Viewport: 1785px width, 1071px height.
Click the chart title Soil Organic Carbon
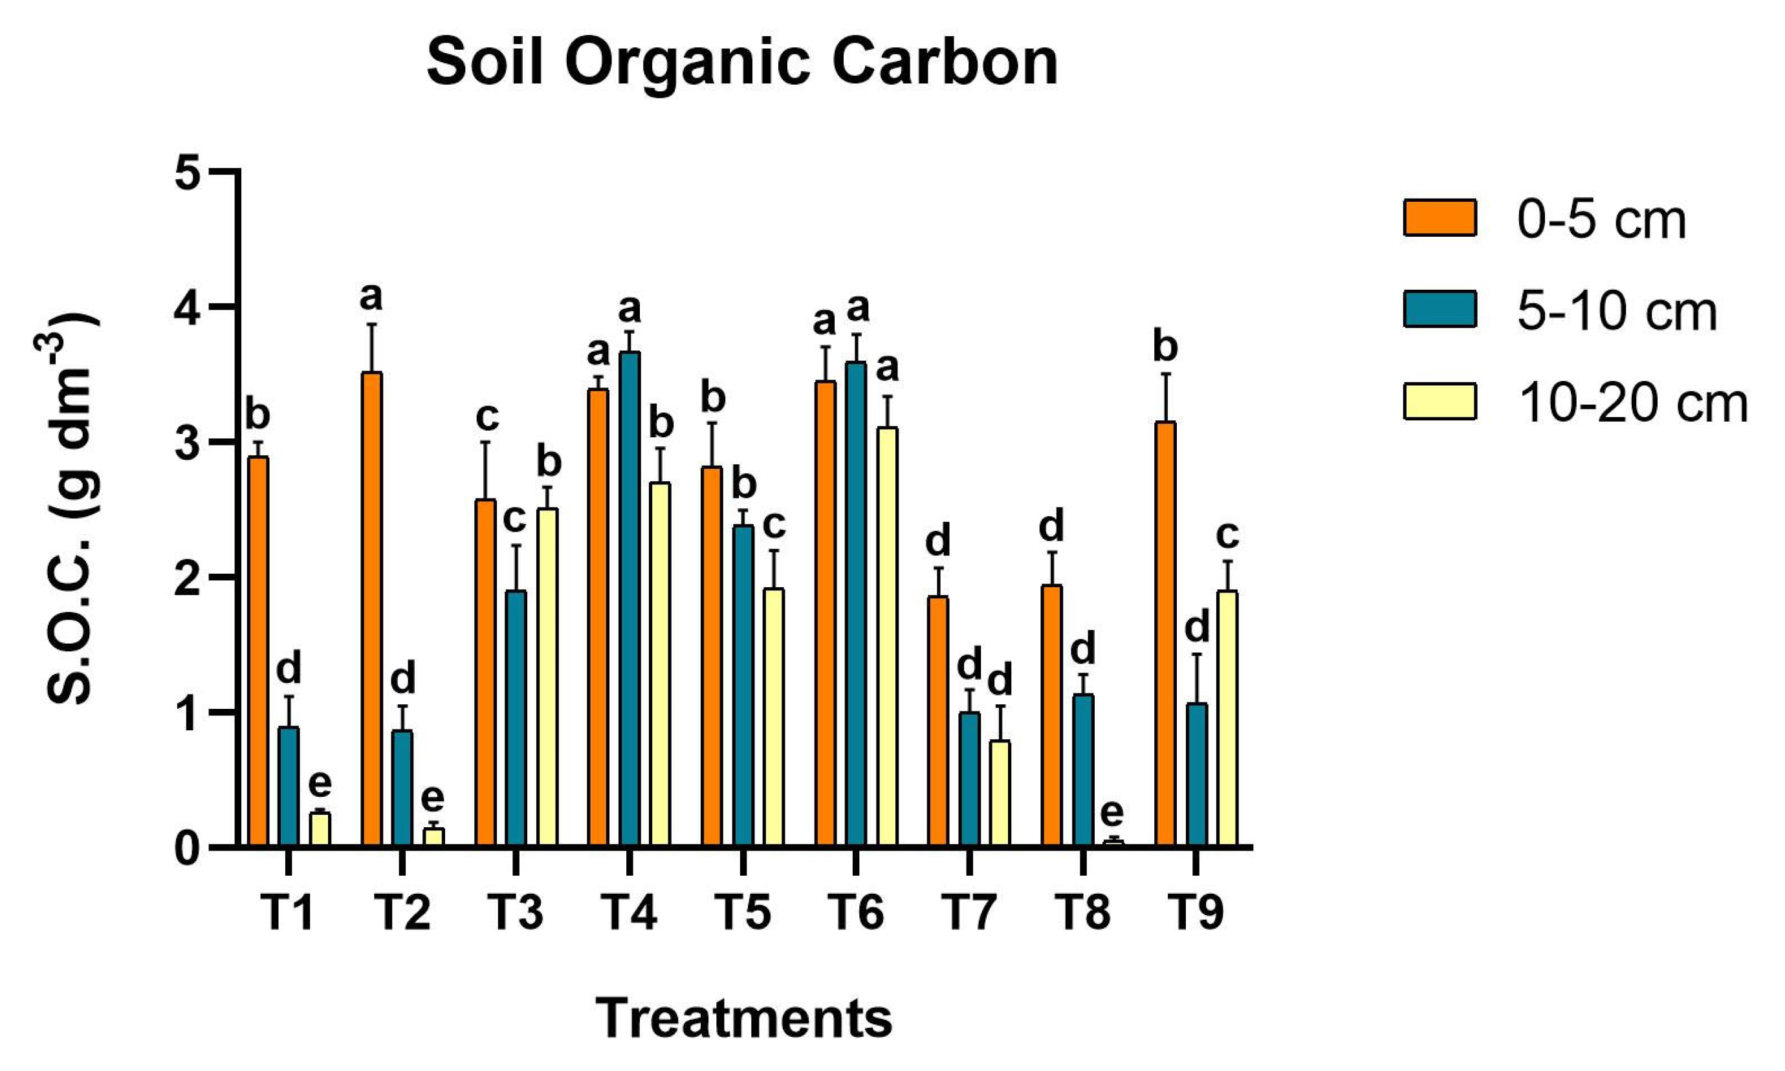click(742, 63)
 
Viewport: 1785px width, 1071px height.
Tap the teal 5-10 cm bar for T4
click(630, 598)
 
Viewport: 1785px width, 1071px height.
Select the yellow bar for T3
click(547, 676)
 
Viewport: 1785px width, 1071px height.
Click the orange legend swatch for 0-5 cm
click(1440, 218)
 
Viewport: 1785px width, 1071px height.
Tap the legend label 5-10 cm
click(1617, 311)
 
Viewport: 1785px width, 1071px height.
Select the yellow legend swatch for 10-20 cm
click(1440, 402)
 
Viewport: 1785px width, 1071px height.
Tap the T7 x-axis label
click(969, 913)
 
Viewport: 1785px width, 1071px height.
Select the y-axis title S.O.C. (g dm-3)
click(70, 509)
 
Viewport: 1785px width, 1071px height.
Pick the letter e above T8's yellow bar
click(1112, 813)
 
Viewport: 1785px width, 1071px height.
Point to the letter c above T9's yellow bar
click(1227, 535)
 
